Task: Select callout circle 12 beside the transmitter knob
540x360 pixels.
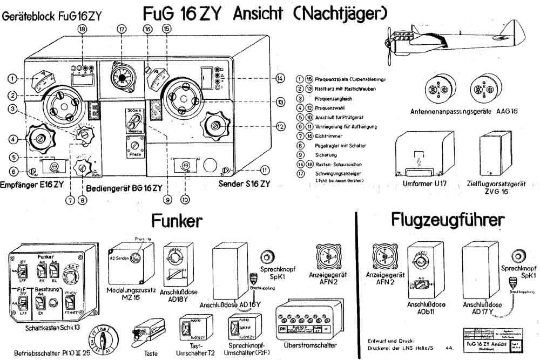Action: click(x=280, y=127)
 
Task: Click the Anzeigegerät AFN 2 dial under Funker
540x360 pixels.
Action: click(x=327, y=259)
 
